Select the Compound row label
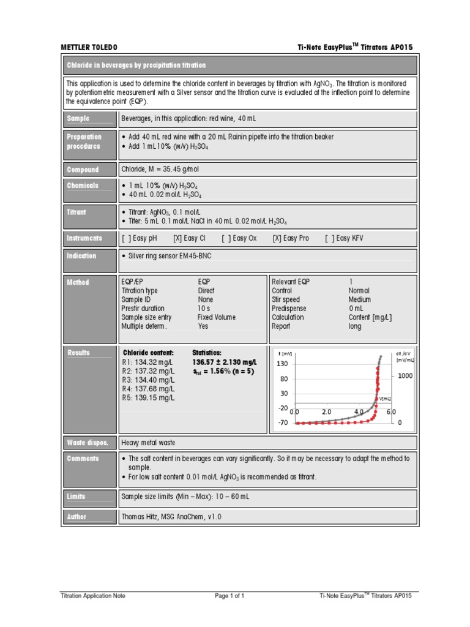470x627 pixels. (x=82, y=170)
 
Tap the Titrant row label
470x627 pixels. (x=76, y=212)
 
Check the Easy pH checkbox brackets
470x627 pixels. (x=125, y=238)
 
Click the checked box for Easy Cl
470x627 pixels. (x=177, y=238)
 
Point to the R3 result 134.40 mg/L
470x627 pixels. (x=148, y=380)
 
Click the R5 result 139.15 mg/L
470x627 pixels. (x=148, y=397)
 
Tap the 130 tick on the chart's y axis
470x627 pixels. (x=282, y=364)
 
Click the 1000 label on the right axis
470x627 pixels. (x=405, y=376)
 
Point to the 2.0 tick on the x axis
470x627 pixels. (x=326, y=412)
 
